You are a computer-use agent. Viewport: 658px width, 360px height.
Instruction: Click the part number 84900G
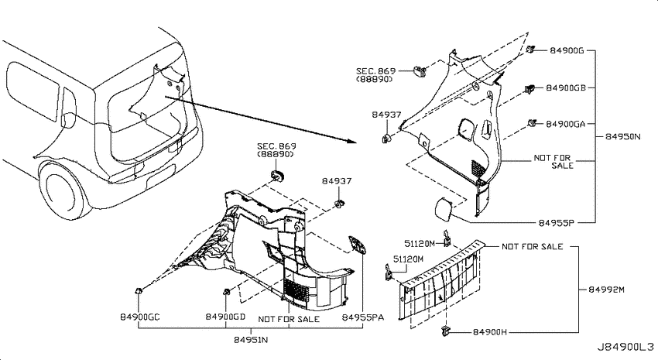[x=567, y=51]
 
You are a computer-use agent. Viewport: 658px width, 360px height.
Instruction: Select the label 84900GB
[x=566, y=88]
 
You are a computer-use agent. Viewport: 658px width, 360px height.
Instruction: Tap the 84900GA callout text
[x=565, y=124]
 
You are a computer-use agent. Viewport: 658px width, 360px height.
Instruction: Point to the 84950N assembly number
[x=622, y=136]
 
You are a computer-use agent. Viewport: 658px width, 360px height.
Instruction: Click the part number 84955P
[x=556, y=223]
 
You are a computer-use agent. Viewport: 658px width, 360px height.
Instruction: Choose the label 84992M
[x=606, y=290]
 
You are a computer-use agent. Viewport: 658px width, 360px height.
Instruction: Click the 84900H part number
[x=490, y=332]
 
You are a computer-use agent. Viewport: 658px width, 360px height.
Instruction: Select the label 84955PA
[x=362, y=317]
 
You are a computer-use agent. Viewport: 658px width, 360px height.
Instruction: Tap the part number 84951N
[x=251, y=339]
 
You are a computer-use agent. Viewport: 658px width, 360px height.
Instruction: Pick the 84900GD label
[x=225, y=317]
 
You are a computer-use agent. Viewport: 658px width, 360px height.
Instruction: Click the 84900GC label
[x=140, y=317]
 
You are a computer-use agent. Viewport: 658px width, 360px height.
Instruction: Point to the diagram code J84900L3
[x=625, y=347]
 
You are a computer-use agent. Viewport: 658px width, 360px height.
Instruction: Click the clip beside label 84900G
[x=531, y=49]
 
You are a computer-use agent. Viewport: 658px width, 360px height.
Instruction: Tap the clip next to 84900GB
[x=529, y=89]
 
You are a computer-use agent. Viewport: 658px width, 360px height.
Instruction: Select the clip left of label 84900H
[x=445, y=331]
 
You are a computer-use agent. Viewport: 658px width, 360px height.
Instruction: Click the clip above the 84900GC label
[x=138, y=291]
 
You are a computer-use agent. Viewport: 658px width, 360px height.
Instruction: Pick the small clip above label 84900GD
[x=227, y=292]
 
